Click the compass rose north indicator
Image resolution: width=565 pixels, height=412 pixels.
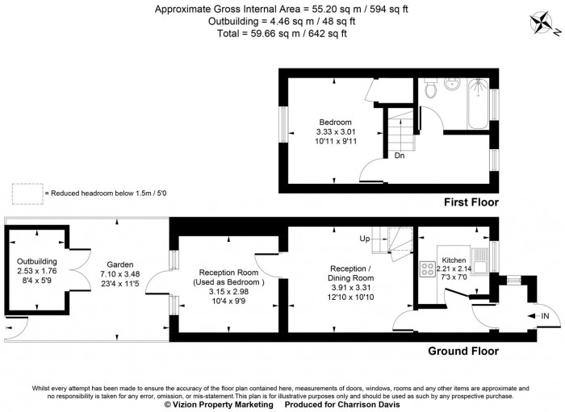[x=545, y=28]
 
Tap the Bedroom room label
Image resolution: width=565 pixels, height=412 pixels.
[x=336, y=123]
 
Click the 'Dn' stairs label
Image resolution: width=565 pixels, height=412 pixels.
[x=399, y=156]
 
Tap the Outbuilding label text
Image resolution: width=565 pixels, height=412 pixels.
[x=37, y=261]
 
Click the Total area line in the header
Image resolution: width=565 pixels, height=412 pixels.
[x=282, y=33]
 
